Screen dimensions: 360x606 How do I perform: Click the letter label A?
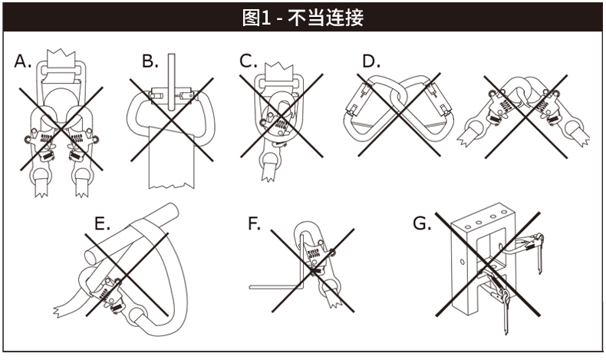[24, 62]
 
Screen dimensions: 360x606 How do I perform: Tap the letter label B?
[150, 61]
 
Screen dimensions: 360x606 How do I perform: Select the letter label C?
[247, 61]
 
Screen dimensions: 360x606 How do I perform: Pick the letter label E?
[102, 224]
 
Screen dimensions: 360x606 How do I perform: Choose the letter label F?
[254, 224]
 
